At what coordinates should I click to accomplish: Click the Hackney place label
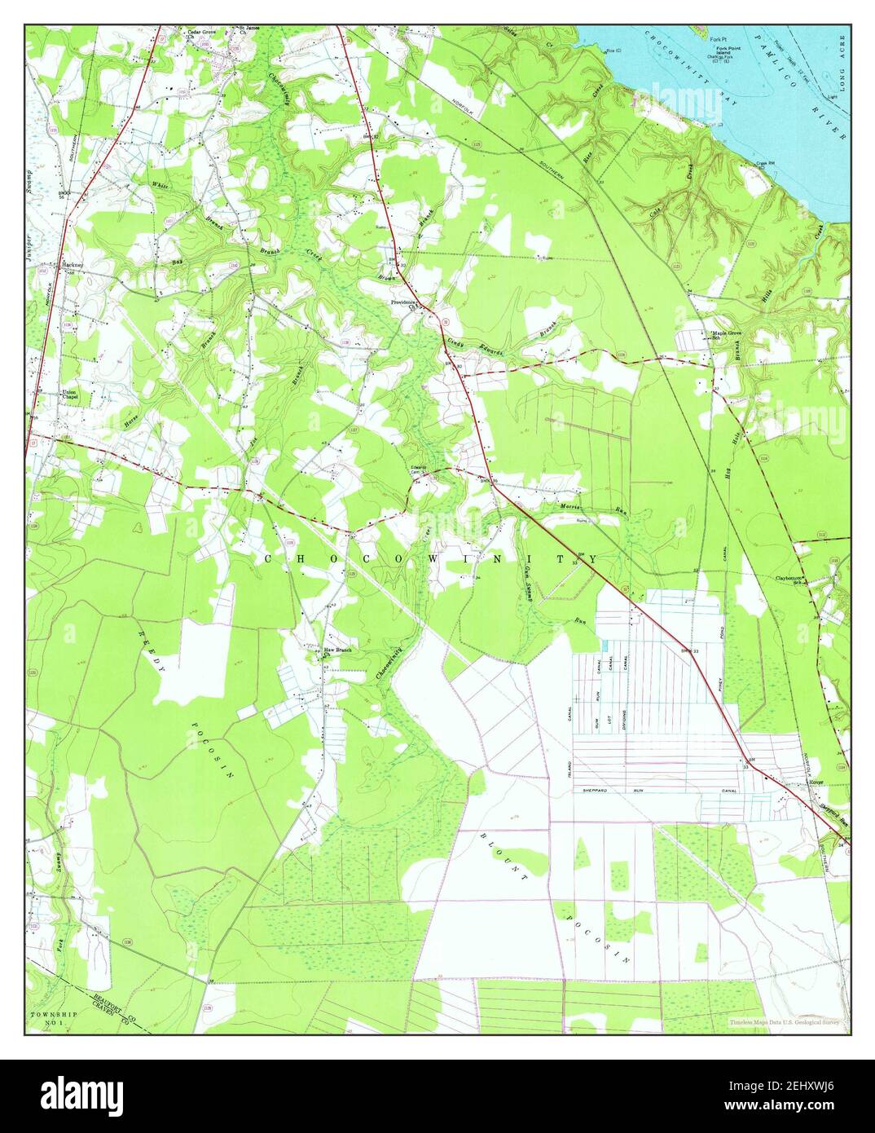click(71, 265)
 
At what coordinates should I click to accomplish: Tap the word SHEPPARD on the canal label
click(596, 791)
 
